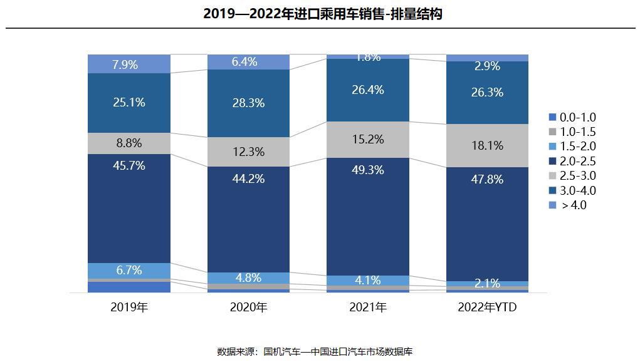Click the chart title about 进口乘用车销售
tap(323, 14)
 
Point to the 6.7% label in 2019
tap(129, 271)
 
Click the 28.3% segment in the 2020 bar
tap(248, 103)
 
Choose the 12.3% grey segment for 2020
tap(248, 152)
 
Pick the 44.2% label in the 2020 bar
tap(248, 179)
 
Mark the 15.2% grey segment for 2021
tap(368, 140)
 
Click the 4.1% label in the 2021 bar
tap(368, 281)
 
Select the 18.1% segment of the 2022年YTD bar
tap(487, 145)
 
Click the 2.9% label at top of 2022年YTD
tap(487, 66)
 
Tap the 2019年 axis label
tap(129, 308)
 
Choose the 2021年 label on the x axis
tap(368, 308)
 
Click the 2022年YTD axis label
tap(487, 308)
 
